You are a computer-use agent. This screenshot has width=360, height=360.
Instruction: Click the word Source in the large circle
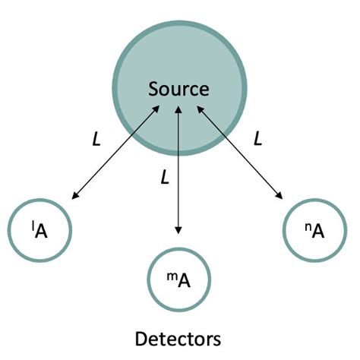tap(178, 89)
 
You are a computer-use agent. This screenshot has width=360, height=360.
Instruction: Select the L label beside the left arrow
tap(96, 139)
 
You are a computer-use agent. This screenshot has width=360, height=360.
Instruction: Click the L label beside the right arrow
tap(258, 139)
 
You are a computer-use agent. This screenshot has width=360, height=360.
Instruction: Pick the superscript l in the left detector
tap(30, 223)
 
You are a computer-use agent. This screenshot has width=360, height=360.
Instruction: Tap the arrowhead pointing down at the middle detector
tap(178, 230)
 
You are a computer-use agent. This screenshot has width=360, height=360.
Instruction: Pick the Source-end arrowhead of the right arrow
tap(201, 109)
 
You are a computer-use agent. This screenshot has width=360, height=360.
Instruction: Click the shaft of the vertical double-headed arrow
tap(178, 171)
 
